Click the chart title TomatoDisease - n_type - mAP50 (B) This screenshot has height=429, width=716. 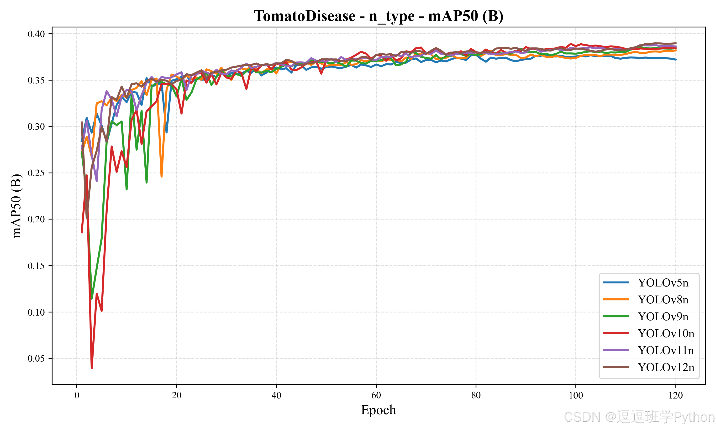379,16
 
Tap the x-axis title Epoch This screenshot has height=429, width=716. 378,410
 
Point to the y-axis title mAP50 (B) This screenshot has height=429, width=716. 16,206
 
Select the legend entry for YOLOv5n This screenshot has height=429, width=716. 663,283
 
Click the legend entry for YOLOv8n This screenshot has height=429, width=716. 663,300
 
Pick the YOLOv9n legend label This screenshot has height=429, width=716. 663,317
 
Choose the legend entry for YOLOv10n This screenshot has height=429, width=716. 666,333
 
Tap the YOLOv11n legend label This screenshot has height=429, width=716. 666,350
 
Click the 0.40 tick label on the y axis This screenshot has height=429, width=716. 37,34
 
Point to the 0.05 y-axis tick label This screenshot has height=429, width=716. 37,358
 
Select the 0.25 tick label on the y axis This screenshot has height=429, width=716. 37,173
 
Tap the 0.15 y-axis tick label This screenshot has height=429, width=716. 37,266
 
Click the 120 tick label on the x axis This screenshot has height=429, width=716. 676,395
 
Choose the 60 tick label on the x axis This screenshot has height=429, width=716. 376,395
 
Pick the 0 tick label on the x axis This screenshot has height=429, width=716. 77,395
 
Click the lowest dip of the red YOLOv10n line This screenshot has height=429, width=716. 92,368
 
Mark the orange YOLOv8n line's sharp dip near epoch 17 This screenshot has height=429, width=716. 162,176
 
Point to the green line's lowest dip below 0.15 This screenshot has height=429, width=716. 92,298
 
